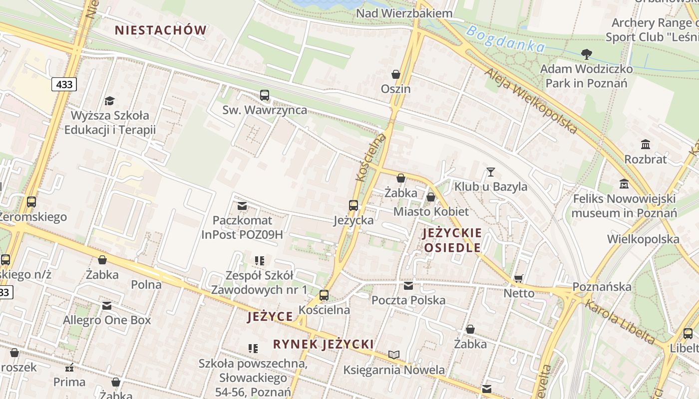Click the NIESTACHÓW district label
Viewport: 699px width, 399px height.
(x=160, y=30)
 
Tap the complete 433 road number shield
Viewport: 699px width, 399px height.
(x=64, y=84)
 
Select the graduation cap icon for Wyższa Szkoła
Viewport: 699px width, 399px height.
(x=109, y=101)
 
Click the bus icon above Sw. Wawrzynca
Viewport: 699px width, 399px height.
(x=264, y=95)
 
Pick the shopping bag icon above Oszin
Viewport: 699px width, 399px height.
(x=396, y=74)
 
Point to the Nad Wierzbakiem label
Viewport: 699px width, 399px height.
(x=404, y=13)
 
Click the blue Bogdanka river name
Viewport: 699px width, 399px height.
(x=505, y=39)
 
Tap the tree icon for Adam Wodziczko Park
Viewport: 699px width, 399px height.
(x=587, y=54)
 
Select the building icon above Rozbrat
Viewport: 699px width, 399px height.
(x=646, y=145)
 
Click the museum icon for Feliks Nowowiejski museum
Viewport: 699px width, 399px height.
(x=624, y=184)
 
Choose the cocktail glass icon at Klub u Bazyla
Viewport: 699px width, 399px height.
(x=491, y=172)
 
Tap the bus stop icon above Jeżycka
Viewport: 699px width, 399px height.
(x=353, y=205)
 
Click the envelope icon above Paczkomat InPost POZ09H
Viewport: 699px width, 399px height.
(x=242, y=205)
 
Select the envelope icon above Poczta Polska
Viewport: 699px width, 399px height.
(x=408, y=286)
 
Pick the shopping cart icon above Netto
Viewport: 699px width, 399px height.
(x=519, y=278)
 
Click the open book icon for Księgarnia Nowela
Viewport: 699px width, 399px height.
(x=394, y=355)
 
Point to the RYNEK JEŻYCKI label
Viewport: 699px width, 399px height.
(x=323, y=344)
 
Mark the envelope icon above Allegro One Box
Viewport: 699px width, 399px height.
(x=107, y=306)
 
